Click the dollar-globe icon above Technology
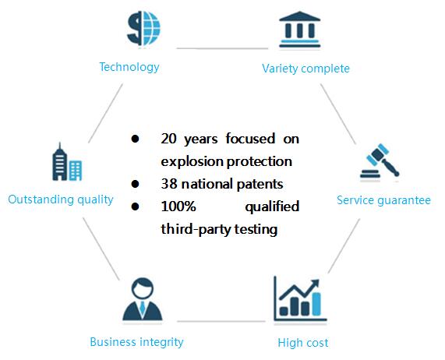[x=143, y=28]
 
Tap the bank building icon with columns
[x=300, y=30]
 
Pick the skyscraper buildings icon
[x=67, y=162]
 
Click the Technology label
[x=129, y=67]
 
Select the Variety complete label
[x=305, y=69]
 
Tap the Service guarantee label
[x=383, y=200]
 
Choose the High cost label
[x=303, y=343]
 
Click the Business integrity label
[x=136, y=342]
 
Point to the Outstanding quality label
[x=61, y=199]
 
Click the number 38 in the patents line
[x=169, y=184]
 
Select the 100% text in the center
[x=178, y=206]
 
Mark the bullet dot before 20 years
[x=135, y=139]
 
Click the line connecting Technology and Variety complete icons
[x=222, y=48]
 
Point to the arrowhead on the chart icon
[x=315, y=284]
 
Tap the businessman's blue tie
[x=142, y=308]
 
